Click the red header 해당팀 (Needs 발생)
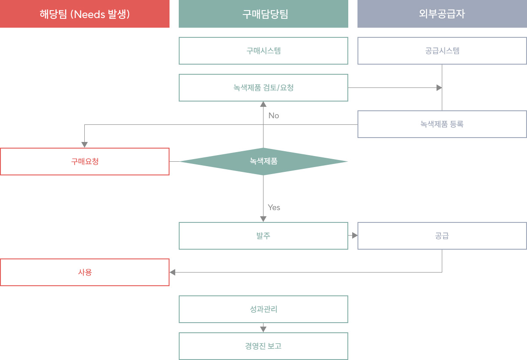pos(85,14)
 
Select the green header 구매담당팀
pos(263,14)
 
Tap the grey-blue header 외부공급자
pos(442,14)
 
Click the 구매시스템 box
pos(263,51)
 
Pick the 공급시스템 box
pos(442,51)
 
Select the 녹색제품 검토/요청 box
pos(263,87)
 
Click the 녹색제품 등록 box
pos(442,124)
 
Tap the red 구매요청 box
pos(85,161)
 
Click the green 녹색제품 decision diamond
pos(263,161)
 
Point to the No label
pos(274,116)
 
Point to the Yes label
pos(274,207)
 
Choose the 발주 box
pos(263,236)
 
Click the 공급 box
pos(442,236)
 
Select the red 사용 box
pos(85,273)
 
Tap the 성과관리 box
pos(263,309)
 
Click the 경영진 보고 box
pos(263,346)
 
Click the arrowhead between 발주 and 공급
pos(355,236)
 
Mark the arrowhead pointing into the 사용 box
pos(173,273)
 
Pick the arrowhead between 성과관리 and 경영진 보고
pos(263,329)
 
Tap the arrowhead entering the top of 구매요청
pos(84,145)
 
